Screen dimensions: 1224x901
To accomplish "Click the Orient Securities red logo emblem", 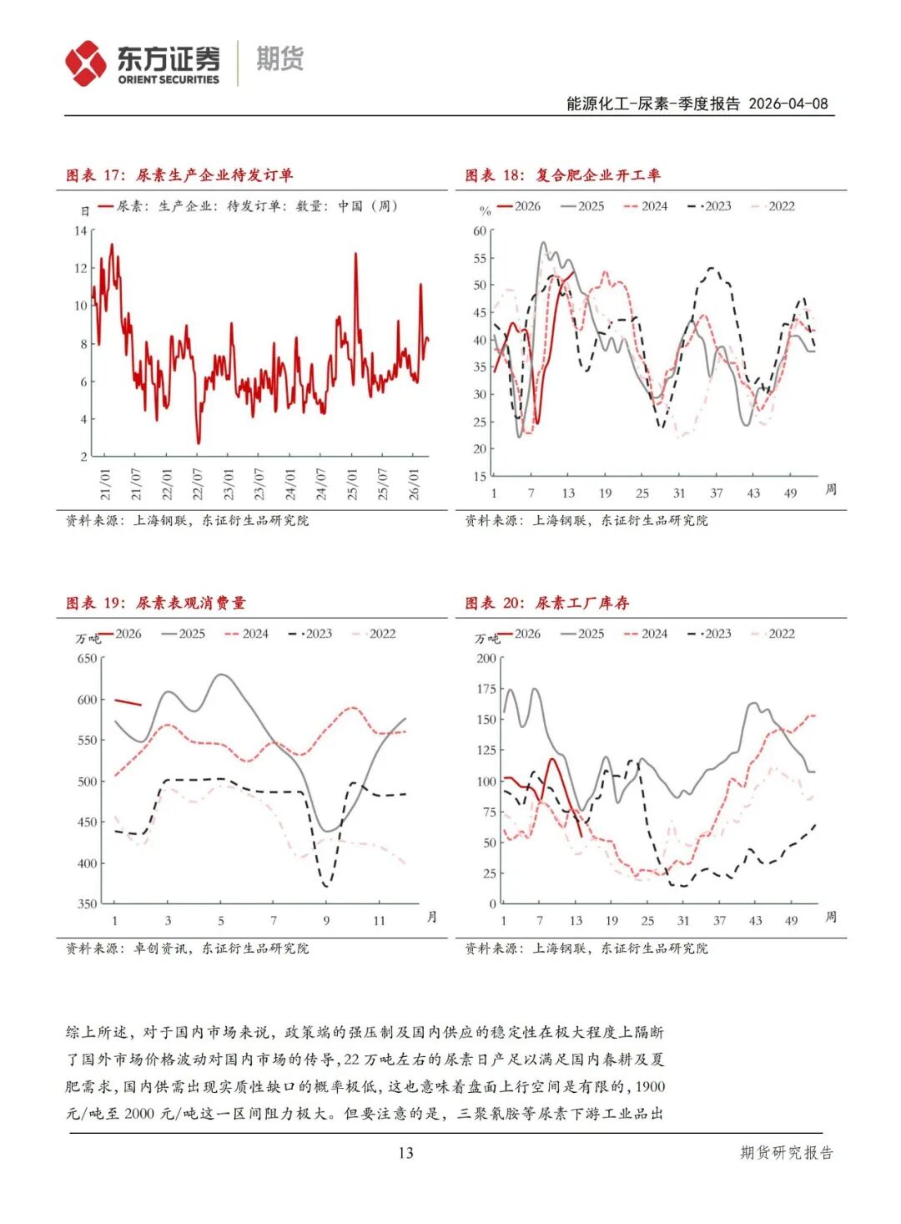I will point(86,63).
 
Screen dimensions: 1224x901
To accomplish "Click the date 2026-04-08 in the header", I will point(788,104).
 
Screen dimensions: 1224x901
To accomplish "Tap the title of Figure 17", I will point(179,175).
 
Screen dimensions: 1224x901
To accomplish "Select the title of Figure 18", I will point(563,175).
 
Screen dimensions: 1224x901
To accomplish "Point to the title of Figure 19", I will point(156,603).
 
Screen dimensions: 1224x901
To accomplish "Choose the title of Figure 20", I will point(547,603).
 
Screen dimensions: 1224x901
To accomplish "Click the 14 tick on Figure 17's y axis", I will point(80,230).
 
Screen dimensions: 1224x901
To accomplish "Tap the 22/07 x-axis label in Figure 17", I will point(198,483).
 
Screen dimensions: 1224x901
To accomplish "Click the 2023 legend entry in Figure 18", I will point(710,206).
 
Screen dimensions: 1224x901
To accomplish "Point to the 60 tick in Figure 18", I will point(480,231).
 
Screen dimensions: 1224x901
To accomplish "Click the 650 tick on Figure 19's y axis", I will point(87,658).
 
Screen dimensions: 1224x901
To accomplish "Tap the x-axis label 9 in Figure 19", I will point(326,920).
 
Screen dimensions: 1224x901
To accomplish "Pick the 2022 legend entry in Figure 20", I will point(773,634).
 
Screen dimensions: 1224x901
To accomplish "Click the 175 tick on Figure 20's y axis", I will point(486,689).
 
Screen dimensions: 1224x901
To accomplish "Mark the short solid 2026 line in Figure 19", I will point(128,702).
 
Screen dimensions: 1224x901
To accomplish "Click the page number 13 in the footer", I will point(405,1153).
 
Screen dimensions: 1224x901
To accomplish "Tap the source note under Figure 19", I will point(187,948).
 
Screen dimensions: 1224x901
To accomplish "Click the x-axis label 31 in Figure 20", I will point(683,920).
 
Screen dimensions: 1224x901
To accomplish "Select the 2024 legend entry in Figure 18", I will point(646,206).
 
